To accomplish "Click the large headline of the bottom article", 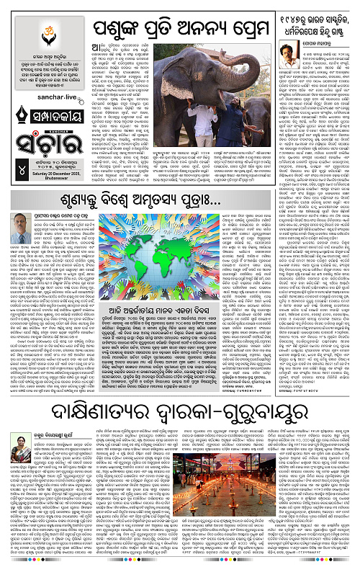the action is [180, 411].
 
